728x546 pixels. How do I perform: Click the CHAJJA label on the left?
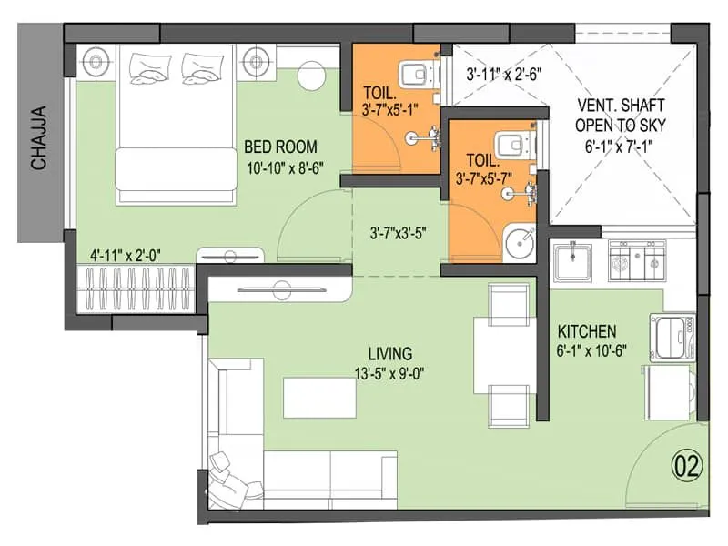point(38,139)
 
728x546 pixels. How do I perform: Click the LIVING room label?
point(389,353)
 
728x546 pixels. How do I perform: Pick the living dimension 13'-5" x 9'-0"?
point(389,372)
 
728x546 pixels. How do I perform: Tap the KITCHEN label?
point(587,331)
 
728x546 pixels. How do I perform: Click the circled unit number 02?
point(688,468)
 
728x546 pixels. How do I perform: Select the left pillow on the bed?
point(149,66)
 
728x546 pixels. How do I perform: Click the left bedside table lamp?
point(94,63)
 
